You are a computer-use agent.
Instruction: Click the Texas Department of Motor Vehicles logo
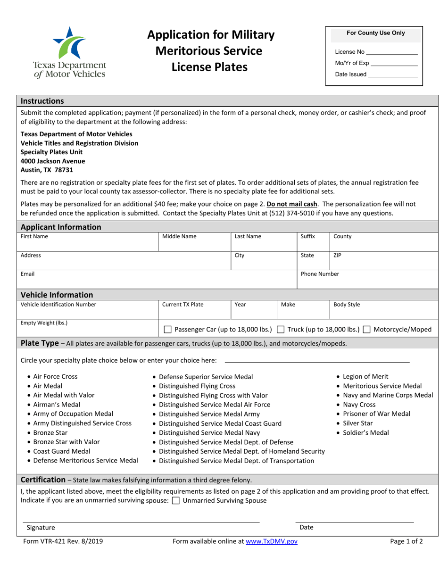(70, 51)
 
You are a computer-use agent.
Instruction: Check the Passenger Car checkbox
(167, 330)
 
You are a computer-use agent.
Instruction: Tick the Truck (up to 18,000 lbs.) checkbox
(281, 330)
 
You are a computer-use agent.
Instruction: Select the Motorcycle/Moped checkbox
(366, 330)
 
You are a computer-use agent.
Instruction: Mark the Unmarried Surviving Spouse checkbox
(176, 501)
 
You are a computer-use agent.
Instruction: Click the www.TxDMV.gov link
(272, 542)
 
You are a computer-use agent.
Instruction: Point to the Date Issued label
(350, 74)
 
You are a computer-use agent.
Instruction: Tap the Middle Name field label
(179, 237)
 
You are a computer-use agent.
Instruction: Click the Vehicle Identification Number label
(58, 305)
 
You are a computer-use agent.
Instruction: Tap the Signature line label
(41, 528)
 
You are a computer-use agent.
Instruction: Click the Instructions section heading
(42, 101)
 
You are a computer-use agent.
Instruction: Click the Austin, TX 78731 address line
(47, 170)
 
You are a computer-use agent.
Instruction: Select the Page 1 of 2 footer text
(407, 542)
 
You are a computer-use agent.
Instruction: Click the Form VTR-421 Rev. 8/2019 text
(63, 542)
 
